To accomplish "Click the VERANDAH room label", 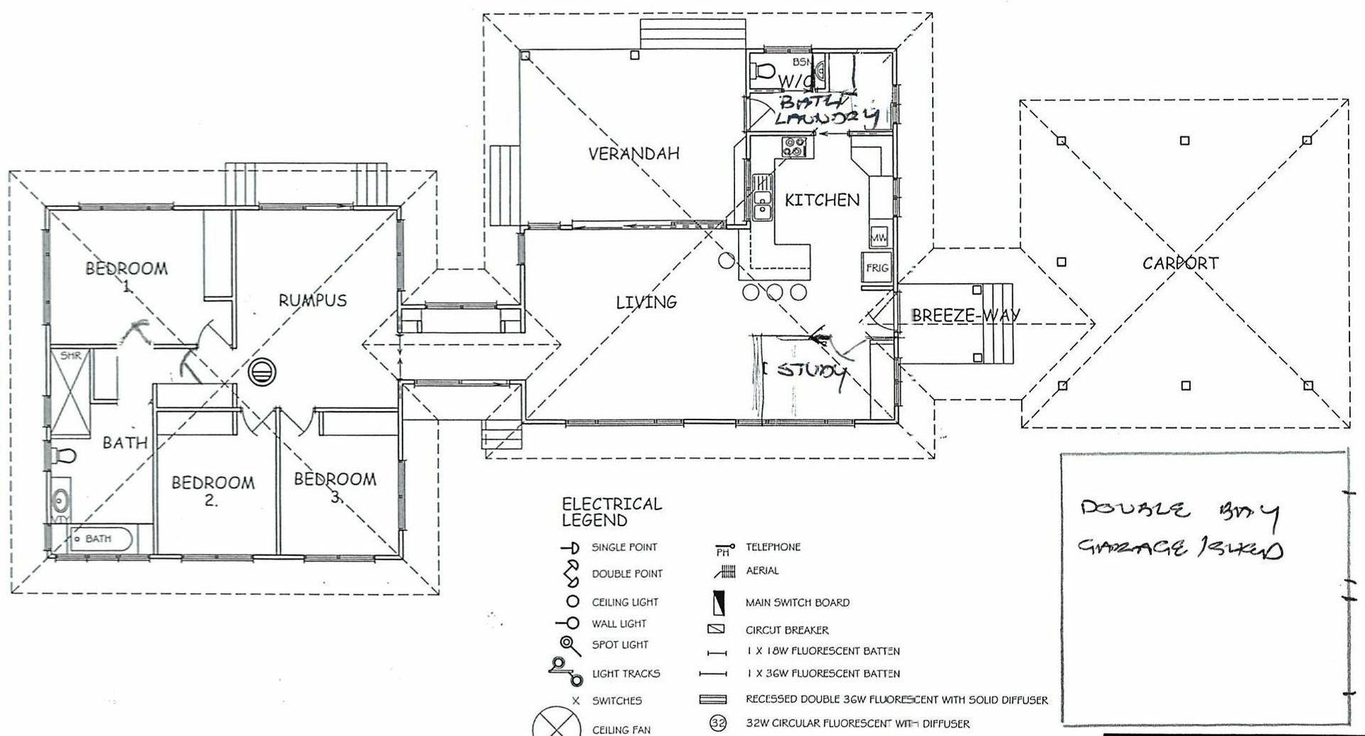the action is click(x=633, y=153).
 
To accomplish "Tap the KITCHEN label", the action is click(x=822, y=201).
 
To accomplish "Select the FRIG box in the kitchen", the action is click(x=877, y=267).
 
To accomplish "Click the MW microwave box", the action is click(x=878, y=236).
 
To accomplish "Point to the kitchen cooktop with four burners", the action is click(x=795, y=147).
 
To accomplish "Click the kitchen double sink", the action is click(x=762, y=202).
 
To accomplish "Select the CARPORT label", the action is click(x=1180, y=263).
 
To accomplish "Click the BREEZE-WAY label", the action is click(x=965, y=314).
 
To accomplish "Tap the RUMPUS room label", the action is click(x=312, y=300).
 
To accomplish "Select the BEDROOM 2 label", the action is click(x=213, y=490).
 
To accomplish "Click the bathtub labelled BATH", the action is click(x=100, y=539).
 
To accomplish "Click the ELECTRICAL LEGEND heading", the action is click(x=611, y=512).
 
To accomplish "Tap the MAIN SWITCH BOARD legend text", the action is click(x=797, y=602).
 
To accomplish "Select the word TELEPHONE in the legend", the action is click(x=773, y=547).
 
